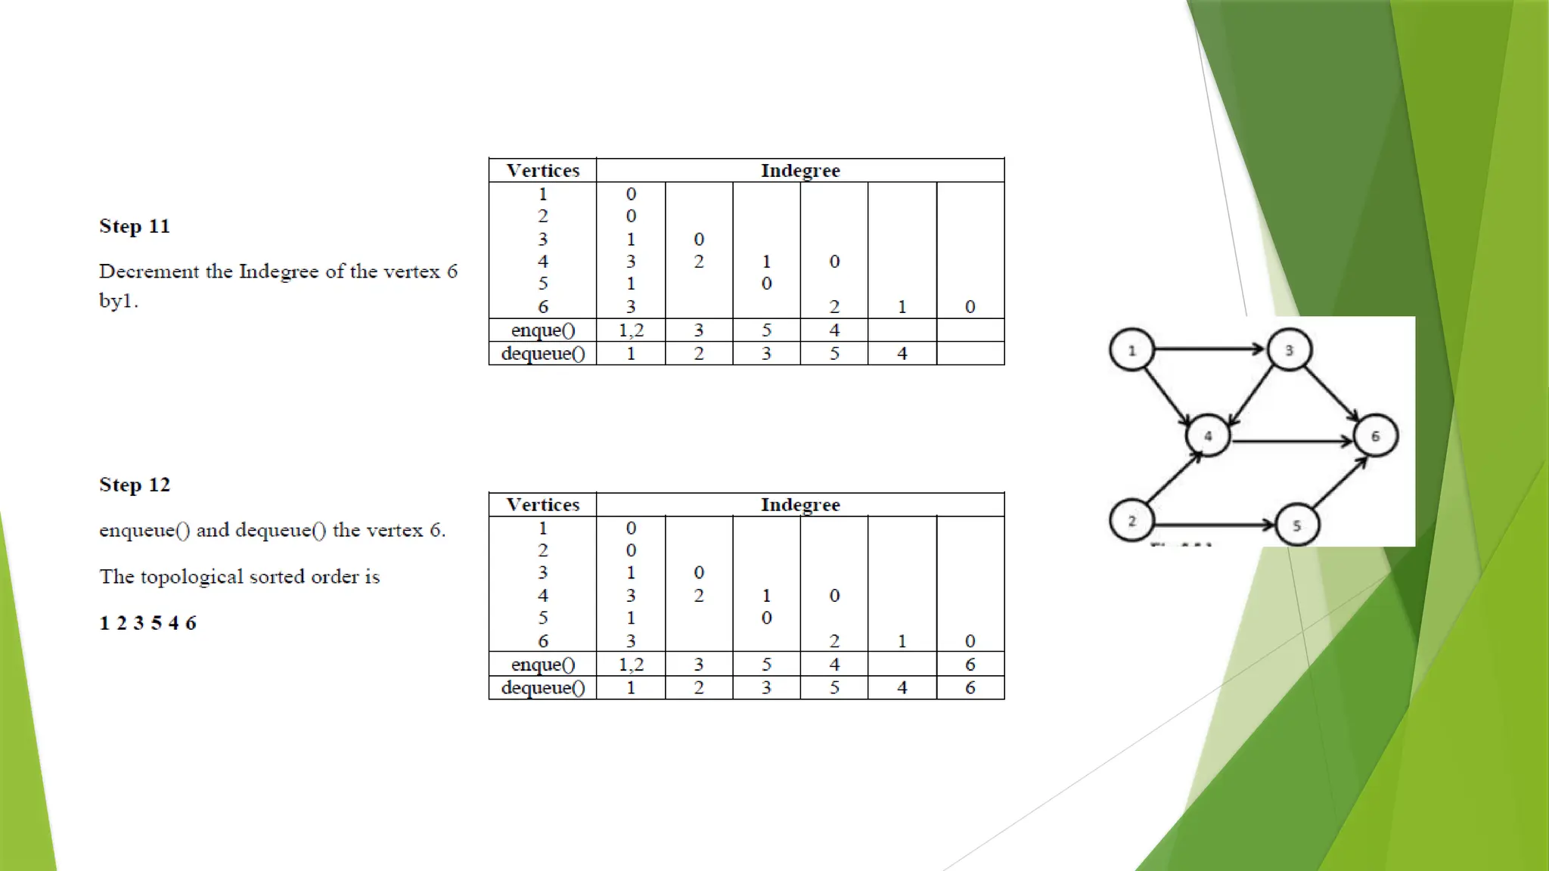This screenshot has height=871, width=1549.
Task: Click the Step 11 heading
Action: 135,226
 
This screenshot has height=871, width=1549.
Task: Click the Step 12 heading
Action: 135,485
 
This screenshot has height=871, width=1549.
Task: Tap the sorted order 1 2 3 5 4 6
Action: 148,623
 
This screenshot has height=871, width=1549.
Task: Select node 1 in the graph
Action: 1131,350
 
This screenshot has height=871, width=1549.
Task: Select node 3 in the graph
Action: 1290,350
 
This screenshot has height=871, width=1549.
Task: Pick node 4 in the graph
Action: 1208,435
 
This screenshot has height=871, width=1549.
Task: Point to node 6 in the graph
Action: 1375,435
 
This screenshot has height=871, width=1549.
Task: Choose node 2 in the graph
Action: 1131,521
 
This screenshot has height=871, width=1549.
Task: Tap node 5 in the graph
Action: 1296,525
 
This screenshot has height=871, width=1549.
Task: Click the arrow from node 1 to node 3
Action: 1210,349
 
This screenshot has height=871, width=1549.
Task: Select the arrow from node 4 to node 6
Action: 1292,440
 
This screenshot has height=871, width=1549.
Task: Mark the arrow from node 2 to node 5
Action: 1214,524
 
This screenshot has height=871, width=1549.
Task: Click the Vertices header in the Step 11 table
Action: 543,171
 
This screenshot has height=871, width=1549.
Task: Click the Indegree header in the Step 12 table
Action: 800,505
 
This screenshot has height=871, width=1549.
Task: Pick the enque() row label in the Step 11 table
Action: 543,330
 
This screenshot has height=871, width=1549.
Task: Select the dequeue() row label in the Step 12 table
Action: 543,688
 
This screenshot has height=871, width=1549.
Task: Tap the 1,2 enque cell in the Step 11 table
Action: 631,330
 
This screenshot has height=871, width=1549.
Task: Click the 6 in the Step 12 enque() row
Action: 970,665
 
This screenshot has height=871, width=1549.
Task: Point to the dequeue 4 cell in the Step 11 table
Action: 902,354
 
